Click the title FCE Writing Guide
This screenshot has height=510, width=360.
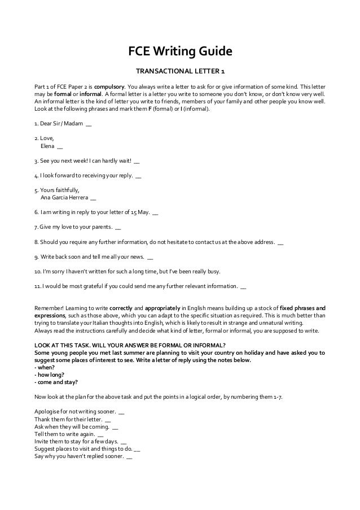coord(180,53)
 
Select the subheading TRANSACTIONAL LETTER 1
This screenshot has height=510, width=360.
coord(180,72)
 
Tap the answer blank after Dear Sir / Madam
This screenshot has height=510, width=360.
coord(88,124)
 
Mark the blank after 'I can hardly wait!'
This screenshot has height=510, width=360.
coord(137,161)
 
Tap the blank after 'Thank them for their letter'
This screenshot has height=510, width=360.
coord(108,421)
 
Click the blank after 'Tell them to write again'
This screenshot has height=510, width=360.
coord(100,435)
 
